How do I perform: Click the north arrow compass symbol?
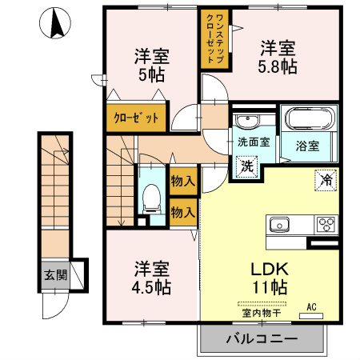tap(55, 23)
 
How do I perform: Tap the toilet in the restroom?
tap(151, 199)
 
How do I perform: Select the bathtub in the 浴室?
tap(310, 118)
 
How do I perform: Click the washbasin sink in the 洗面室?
tap(248, 122)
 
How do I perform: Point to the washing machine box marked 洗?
tap(247, 166)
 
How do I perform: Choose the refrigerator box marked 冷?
tap(326, 181)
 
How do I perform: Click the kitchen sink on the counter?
tap(279, 225)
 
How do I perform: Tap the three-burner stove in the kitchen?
tap(326, 225)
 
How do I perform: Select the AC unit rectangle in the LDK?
tap(311, 316)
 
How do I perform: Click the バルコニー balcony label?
tap(262, 339)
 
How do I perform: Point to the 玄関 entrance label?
tap(55, 275)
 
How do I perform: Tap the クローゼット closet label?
tap(136, 118)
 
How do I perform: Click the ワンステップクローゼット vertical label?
tap(215, 39)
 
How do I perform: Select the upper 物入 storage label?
tap(183, 182)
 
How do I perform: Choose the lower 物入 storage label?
tap(183, 212)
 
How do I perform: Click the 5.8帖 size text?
tap(278, 66)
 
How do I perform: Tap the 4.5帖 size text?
tap(151, 287)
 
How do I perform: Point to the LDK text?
tap(270, 269)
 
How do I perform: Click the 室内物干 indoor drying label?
tap(262, 313)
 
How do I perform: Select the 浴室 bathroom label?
tap(307, 146)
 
